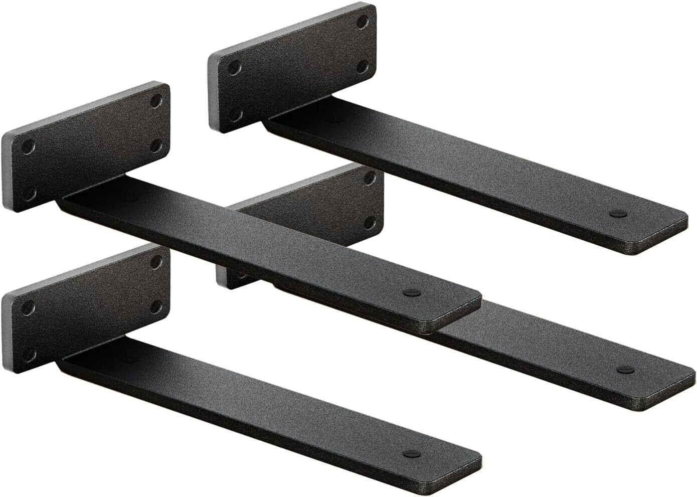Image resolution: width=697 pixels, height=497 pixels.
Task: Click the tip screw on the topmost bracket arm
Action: (x=615, y=213)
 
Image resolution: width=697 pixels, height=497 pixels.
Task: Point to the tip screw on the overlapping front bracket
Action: (x=409, y=292)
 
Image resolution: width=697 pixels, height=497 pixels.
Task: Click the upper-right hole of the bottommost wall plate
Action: (x=157, y=260)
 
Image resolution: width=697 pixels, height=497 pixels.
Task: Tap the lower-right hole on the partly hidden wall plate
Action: (x=371, y=221)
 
